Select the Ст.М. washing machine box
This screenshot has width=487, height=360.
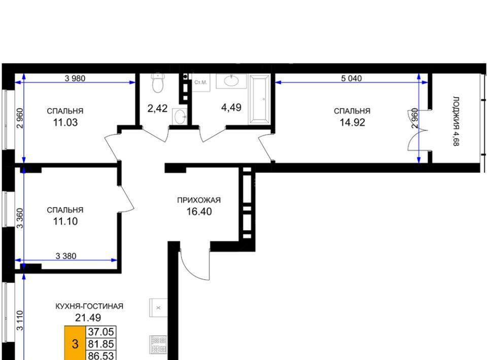click(x=201, y=82)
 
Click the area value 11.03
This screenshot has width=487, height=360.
click(x=65, y=123)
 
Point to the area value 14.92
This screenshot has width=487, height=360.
click(x=352, y=123)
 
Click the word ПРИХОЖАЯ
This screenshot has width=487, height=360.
click(x=199, y=200)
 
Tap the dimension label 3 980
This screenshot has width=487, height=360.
click(x=75, y=78)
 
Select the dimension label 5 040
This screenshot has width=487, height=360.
click(x=351, y=78)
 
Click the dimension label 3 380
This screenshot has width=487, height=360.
click(x=66, y=256)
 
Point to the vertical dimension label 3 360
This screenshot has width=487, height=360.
click(x=20, y=218)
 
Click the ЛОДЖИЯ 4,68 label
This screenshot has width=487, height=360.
click(x=456, y=121)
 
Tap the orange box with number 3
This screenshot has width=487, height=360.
click(x=75, y=343)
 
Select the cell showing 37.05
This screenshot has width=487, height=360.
click(x=101, y=332)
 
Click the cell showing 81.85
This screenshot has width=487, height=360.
click(x=101, y=344)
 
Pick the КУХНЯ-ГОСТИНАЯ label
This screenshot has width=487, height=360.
click(x=89, y=306)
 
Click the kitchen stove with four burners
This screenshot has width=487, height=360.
click(x=158, y=344)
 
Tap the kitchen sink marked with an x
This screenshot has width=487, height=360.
click(x=158, y=308)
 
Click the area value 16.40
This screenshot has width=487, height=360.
click(x=199, y=211)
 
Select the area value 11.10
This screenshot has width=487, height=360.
click(x=65, y=222)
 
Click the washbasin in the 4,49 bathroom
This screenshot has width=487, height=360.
click(x=231, y=81)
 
